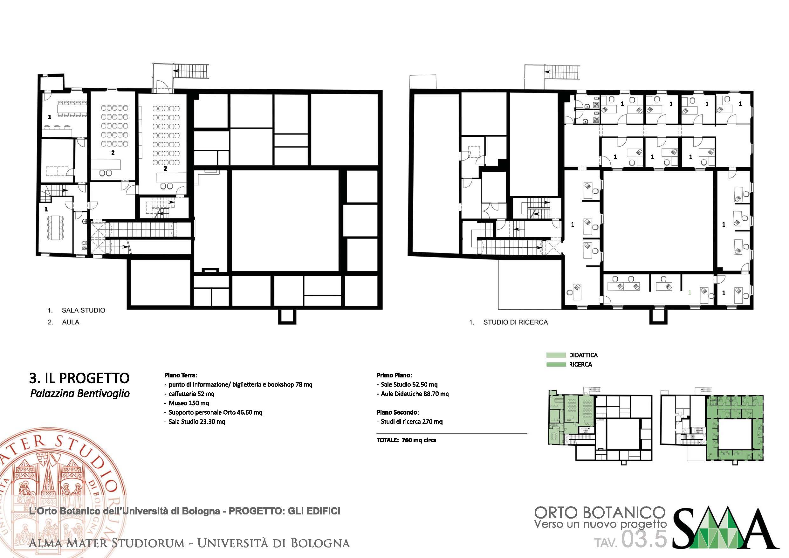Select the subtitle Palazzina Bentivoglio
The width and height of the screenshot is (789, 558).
[80, 394]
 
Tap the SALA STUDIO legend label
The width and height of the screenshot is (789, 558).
[84, 310]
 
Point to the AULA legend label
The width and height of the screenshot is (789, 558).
[71, 322]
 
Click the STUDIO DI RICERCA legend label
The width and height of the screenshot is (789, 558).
[516, 322]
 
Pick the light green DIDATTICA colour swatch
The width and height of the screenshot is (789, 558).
[556, 355]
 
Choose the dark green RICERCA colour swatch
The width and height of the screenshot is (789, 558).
[556, 364]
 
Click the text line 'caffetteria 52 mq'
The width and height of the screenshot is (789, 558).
[191, 394]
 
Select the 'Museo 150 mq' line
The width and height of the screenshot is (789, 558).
[189, 403]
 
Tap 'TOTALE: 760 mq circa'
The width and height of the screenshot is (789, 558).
[406, 440]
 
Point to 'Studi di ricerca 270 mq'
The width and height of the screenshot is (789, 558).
[412, 422]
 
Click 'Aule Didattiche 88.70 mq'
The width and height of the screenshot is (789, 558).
[415, 394]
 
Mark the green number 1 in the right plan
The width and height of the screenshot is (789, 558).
[690, 293]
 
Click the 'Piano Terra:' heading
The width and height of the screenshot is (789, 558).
[181, 375]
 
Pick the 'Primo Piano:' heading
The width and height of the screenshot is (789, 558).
[394, 375]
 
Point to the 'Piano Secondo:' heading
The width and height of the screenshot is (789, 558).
[398, 412]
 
